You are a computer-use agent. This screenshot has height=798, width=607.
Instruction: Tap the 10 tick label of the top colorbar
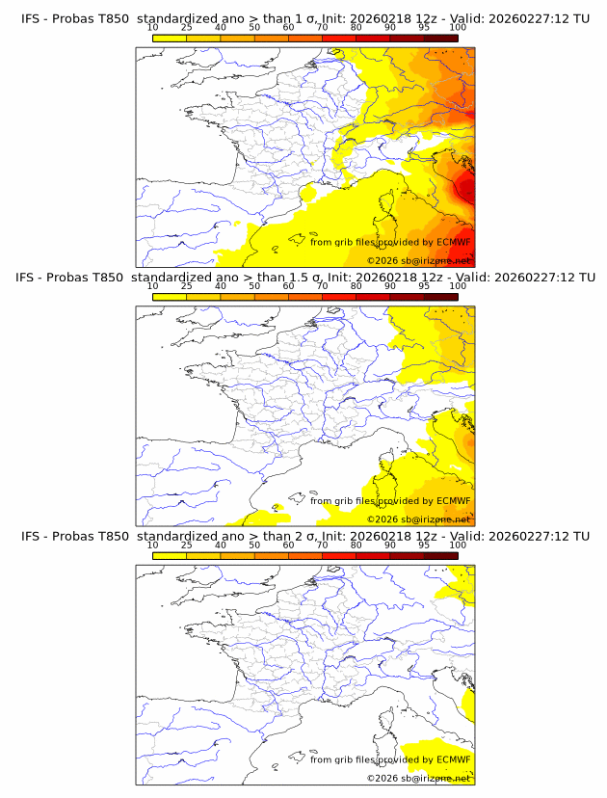point(152,28)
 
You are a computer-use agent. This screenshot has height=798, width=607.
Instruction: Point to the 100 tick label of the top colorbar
point(458,28)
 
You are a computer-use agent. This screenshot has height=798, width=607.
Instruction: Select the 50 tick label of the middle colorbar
point(254,286)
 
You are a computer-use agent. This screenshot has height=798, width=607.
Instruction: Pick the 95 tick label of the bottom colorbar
point(424,545)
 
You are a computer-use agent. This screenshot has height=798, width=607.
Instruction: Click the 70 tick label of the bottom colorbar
point(322,545)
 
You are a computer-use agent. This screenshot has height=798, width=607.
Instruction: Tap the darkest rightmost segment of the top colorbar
point(440,39)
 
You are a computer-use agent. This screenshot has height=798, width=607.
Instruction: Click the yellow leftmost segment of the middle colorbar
point(169,297)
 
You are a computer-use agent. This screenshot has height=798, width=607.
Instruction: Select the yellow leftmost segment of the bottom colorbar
point(169,555)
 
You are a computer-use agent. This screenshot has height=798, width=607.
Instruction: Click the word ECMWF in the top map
point(454,243)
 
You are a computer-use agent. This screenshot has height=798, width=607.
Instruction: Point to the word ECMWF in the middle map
point(454,501)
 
